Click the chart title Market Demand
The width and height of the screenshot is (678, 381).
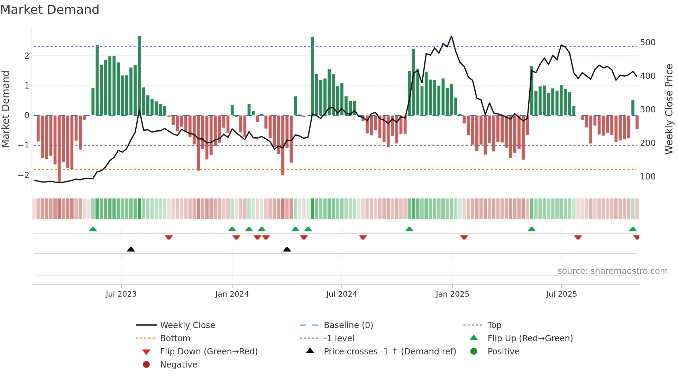tap(50, 10)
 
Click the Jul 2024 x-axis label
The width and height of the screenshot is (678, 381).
tap(341, 294)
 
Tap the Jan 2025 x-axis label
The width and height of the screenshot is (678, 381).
tap(452, 294)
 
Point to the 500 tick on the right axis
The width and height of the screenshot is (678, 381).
tap(648, 43)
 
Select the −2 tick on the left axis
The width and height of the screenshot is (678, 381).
tap(24, 175)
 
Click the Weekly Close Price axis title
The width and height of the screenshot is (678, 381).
tap(669, 109)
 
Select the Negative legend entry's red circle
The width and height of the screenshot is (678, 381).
tap(146, 365)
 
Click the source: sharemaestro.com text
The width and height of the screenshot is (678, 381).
tap(612, 271)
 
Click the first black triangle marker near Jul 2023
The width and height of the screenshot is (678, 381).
tap(131, 249)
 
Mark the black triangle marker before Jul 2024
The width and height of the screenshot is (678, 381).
tap(287, 249)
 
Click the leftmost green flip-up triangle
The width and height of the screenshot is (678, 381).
tap(93, 229)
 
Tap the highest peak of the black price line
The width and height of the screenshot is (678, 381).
tap(451, 36)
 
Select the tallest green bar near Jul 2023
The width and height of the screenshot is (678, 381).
tap(139, 75)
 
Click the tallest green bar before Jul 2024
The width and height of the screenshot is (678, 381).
tap(312, 76)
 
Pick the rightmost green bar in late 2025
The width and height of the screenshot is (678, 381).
tap(633, 108)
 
